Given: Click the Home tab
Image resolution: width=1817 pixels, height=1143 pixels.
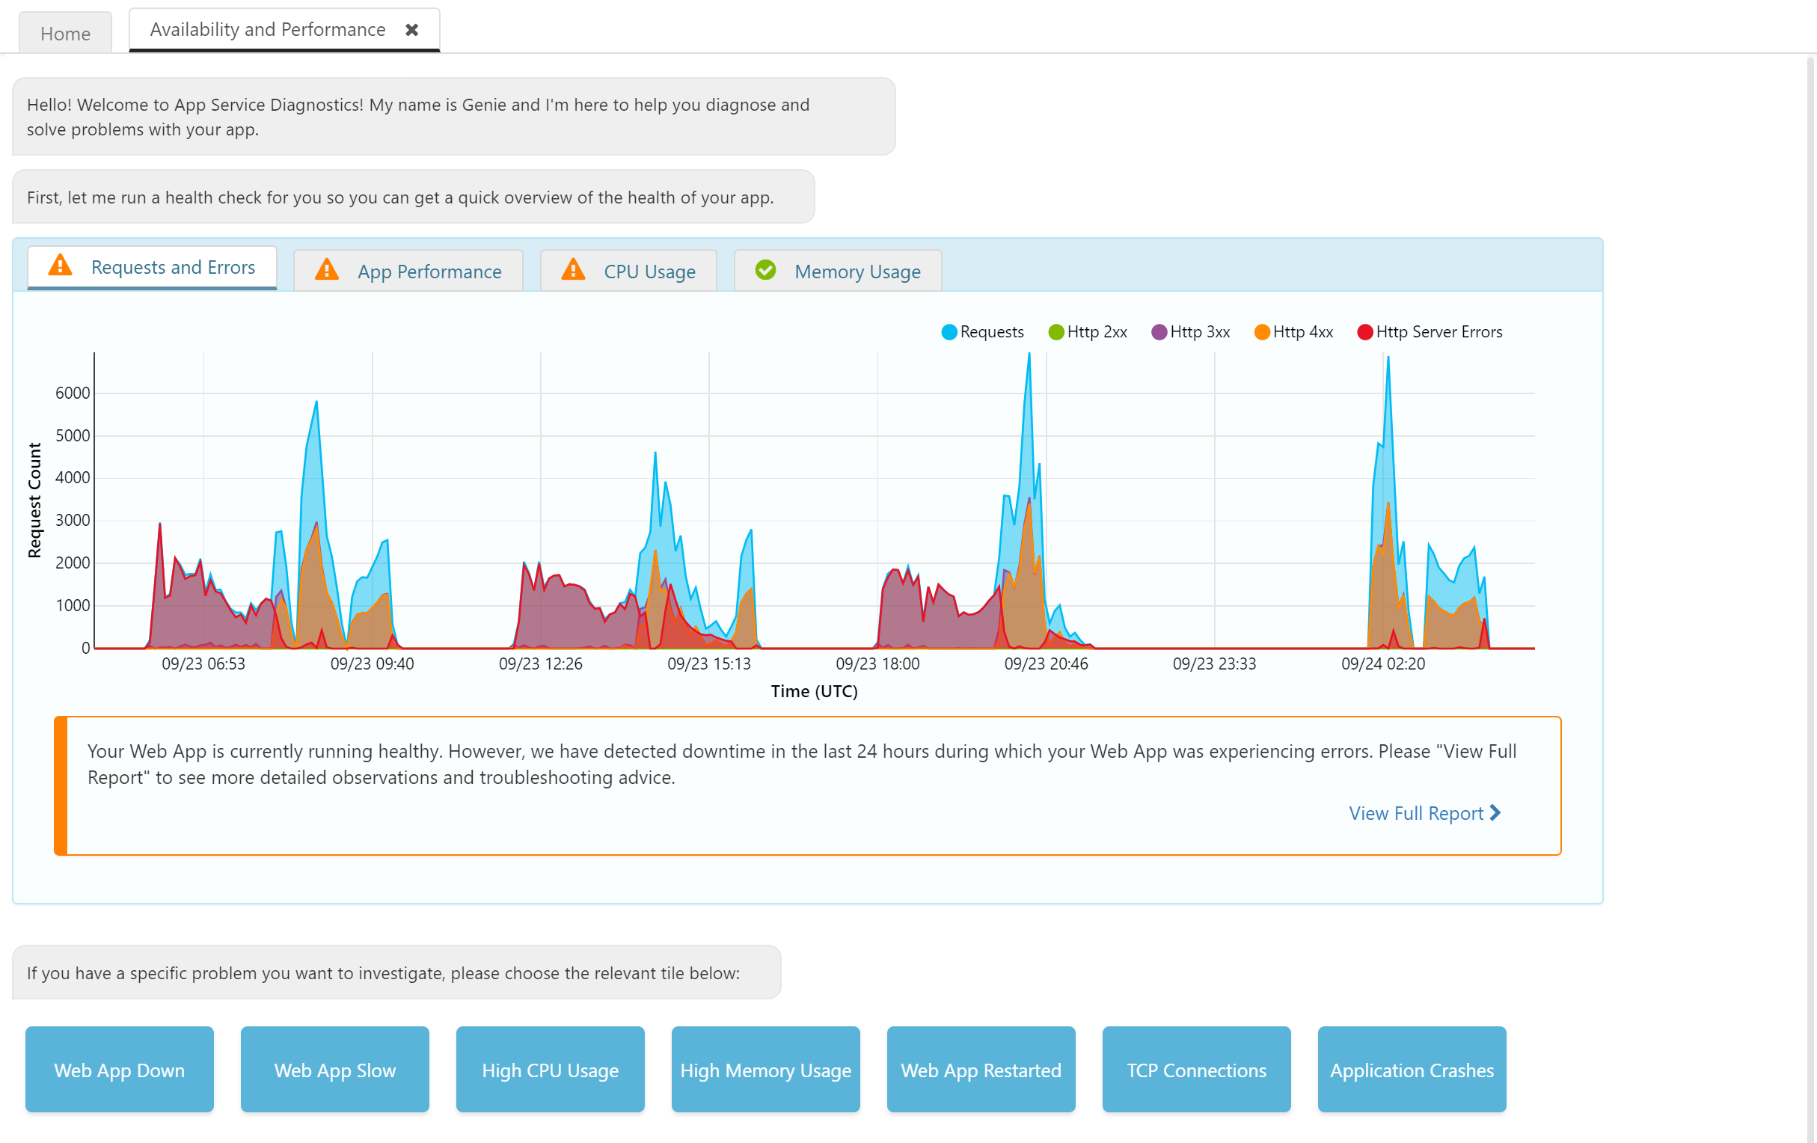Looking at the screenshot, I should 66,33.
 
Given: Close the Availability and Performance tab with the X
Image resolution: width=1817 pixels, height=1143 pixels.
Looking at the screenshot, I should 412,29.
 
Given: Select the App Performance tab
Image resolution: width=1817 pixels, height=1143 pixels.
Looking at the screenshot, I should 429,271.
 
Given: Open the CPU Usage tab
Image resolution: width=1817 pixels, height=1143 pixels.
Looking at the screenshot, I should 649,271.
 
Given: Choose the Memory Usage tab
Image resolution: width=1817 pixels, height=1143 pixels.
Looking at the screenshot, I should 857,271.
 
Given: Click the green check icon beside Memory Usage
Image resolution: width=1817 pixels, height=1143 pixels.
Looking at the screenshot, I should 765,269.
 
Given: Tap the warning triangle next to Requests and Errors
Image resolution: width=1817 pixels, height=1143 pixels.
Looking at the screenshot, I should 61,266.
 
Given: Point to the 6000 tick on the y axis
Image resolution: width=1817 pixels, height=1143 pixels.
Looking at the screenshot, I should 73,393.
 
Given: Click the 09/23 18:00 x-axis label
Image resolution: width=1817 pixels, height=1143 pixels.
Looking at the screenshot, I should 877,664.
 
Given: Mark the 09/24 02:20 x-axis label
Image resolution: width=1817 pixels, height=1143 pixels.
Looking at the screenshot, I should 1383,664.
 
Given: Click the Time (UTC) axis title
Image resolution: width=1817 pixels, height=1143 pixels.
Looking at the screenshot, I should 814,691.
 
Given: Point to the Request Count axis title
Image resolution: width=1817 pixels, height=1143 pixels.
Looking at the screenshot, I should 34,500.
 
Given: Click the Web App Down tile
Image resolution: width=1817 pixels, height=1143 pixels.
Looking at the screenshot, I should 119,1070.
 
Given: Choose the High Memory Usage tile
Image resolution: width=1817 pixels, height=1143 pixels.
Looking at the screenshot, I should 765,1070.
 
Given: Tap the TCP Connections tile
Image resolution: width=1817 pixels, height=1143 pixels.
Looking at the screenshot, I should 1196,1070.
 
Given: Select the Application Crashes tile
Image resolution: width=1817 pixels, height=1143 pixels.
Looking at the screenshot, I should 1412,1070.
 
